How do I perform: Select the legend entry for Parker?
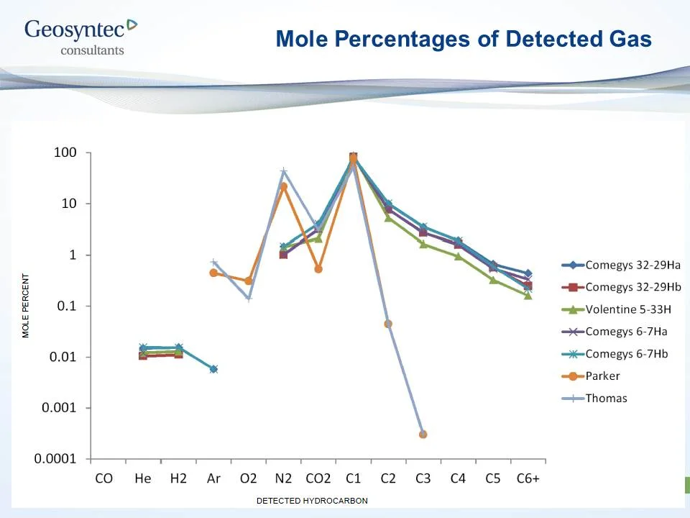tap(602, 376)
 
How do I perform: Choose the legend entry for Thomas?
tap(606, 398)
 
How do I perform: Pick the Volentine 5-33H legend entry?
tap(624, 309)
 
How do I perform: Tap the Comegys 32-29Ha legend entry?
tap(632, 265)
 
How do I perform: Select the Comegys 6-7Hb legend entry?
tap(622, 353)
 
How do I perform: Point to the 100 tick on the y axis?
tap(64, 153)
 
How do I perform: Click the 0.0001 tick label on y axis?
tap(55, 459)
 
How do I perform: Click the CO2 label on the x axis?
tap(318, 478)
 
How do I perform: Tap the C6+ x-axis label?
tap(528, 478)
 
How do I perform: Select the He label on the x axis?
tap(142, 478)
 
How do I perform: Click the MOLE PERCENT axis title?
tap(27, 306)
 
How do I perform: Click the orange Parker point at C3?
tap(423, 435)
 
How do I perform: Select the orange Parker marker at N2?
tap(284, 186)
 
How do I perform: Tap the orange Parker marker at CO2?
tap(318, 269)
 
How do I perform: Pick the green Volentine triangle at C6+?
tap(528, 296)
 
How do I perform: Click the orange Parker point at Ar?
tap(213, 273)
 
